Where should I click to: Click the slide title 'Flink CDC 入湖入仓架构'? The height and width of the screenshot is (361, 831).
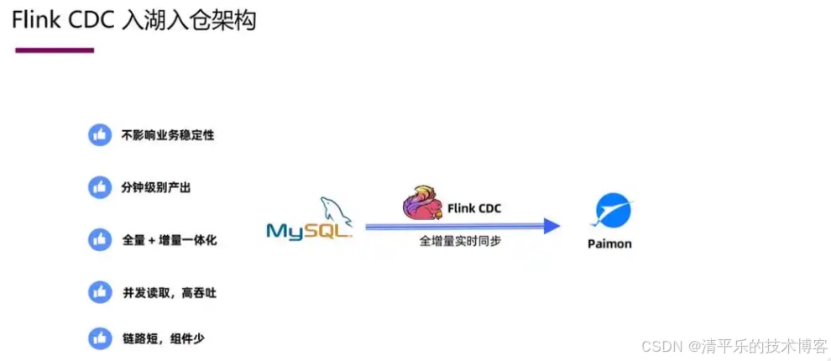pos(134,20)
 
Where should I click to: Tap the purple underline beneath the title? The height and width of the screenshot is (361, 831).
pos(55,50)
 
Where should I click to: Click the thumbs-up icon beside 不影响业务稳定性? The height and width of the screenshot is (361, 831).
pos(100,134)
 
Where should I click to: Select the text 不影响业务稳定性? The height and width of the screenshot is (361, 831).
pos(168,134)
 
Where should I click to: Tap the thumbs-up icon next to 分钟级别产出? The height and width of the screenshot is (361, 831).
pos(100,186)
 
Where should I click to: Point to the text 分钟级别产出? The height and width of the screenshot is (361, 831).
pos(156,187)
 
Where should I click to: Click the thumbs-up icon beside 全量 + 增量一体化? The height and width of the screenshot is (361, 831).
pos(100,239)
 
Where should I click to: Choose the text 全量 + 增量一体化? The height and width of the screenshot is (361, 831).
pos(170,240)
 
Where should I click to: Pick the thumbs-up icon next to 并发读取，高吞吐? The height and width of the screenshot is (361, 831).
pos(100,292)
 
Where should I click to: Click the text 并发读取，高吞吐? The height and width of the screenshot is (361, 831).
pos(170,293)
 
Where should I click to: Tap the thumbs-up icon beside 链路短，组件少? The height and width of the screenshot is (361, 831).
pos(100,339)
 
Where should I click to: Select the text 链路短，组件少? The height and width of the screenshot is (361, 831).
pos(163,339)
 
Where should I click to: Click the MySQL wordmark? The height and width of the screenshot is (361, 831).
pos(308,231)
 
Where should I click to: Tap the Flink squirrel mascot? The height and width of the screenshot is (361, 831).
pos(421,204)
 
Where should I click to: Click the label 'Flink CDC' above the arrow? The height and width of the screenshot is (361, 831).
pos(473,208)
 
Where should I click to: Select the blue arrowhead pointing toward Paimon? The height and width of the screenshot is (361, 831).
pos(551,225)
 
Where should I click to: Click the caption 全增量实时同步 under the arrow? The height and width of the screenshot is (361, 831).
pos(461,242)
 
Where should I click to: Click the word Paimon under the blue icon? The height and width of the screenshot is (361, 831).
pos(609,243)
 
